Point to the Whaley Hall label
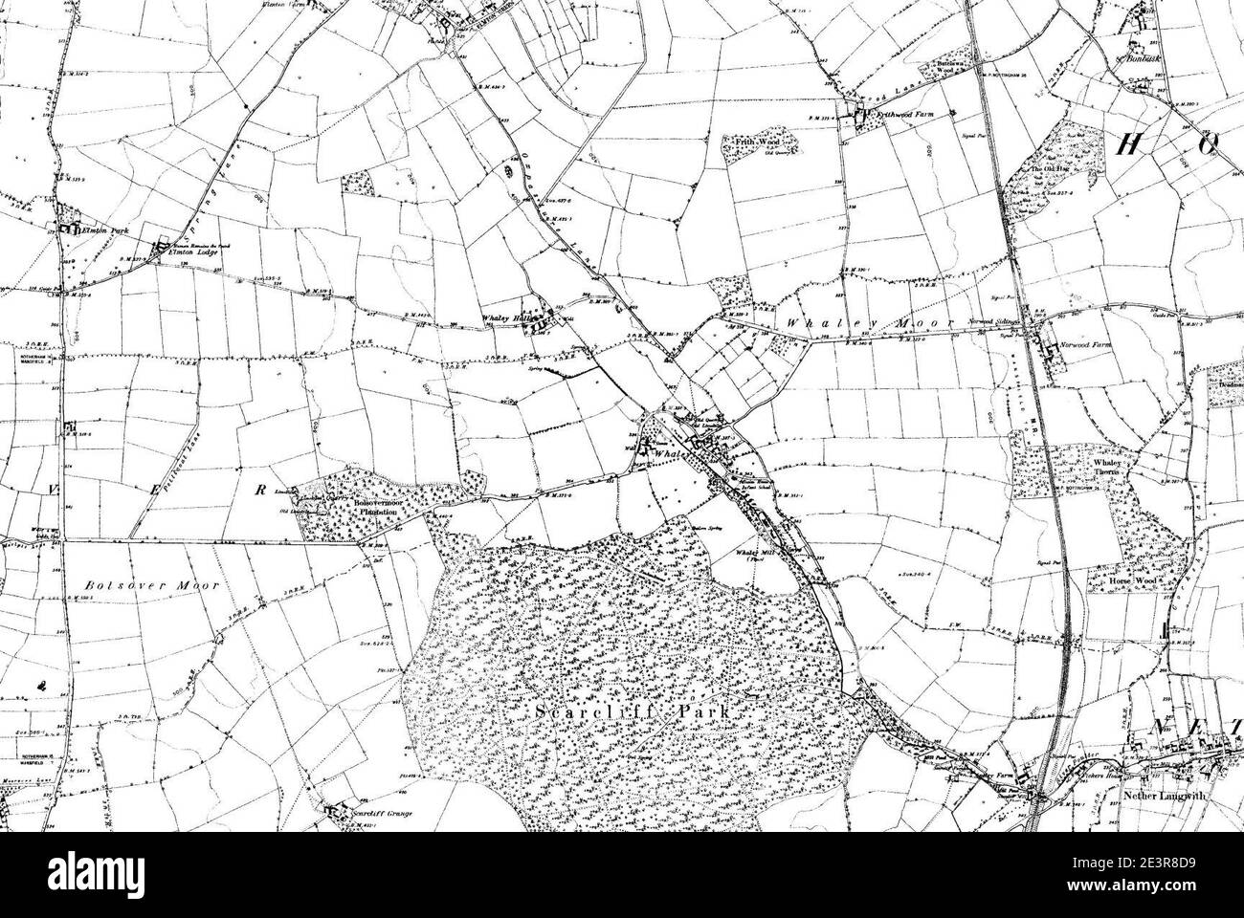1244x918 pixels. point(504,321)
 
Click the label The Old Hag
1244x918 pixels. point(1047,171)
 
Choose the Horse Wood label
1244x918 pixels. point(1122,580)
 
